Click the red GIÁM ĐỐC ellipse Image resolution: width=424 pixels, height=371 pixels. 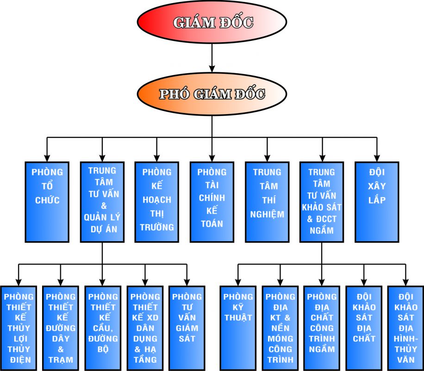click(x=212, y=22)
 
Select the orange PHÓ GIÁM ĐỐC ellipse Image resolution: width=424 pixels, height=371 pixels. click(x=212, y=94)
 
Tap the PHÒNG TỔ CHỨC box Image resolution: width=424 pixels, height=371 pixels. click(x=47, y=202)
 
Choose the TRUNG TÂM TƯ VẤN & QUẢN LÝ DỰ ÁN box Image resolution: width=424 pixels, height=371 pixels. click(x=102, y=202)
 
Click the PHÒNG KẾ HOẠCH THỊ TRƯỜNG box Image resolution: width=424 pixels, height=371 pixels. click(x=157, y=202)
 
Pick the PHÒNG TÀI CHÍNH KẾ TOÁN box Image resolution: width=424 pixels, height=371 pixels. click(x=212, y=202)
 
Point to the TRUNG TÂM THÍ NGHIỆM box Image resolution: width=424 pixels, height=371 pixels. click(x=267, y=202)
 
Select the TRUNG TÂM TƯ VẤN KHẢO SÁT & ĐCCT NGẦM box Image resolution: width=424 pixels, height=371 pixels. click(x=322, y=202)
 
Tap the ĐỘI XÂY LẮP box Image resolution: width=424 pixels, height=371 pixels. click(x=377, y=202)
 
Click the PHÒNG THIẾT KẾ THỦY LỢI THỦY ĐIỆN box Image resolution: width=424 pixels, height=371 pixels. click(x=19, y=327)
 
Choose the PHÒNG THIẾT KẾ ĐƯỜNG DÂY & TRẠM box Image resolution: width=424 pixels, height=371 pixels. click(x=61, y=327)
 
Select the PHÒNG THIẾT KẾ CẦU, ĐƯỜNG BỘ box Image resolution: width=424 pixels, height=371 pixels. click(x=103, y=327)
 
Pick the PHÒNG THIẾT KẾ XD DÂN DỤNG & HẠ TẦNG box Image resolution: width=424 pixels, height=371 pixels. click(x=145, y=327)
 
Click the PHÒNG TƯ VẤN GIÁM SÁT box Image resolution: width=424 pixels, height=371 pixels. click(x=187, y=327)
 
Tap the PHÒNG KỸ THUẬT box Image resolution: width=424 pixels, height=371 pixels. click(x=238, y=327)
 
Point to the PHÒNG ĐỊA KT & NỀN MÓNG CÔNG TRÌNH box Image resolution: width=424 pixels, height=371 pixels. click(x=280, y=327)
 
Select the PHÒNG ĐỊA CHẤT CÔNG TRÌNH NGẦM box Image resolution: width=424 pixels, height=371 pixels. click(x=322, y=327)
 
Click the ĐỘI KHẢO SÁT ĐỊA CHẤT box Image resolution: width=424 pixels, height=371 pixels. click(x=364, y=327)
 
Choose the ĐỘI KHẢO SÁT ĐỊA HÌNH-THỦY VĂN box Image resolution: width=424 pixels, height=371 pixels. click(x=406, y=327)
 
